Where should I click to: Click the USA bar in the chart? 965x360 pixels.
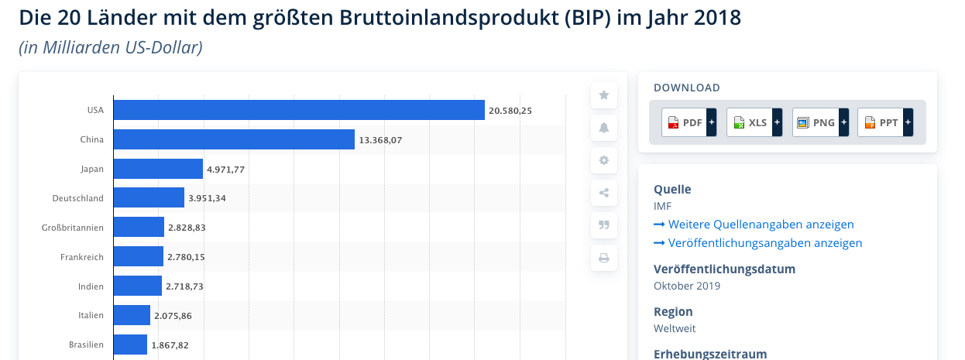tap(299, 110)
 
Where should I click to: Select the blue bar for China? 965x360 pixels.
tap(234, 139)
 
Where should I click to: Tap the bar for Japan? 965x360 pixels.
tap(158, 169)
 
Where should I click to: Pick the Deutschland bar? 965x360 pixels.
tap(149, 198)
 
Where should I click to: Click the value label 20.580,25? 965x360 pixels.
tap(510, 111)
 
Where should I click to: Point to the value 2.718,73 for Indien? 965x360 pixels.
tap(185, 286)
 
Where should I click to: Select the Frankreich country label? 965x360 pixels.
tap(81, 257)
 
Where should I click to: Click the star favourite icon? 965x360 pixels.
tap(604, 95)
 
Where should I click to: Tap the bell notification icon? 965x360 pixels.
tap(604, 128)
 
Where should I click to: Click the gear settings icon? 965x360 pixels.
tap(604, 160)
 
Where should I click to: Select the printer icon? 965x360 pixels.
tap(604, 258)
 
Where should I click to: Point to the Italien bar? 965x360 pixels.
tap(132, 316)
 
